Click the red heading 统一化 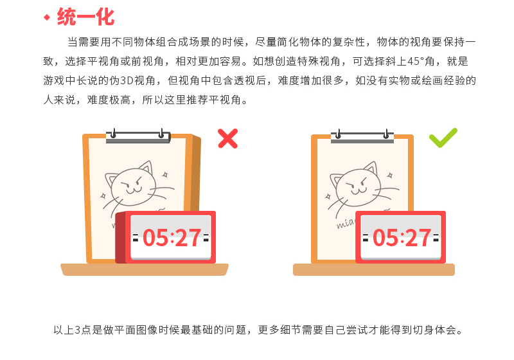pyautogui.click(x=86, y=17)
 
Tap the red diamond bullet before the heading pyautogui.click(x=47, y=17)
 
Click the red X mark pyautogui.click(x=228, y=139)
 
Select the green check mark pyautogui.click(x=443, y=138)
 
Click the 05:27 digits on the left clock pyautogui.click(x=172, y=238)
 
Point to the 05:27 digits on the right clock pyautogui.click(x=402, y=238)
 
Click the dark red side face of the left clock pyautogui.click(x=121, y=238)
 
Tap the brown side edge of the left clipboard pyautogui.click(x=196, y=174)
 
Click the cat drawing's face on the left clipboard pyautogui.click(x=133, y=185)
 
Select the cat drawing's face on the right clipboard pyautogui.click(x=357, y=185)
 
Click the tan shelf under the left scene pyautogui.click(x=145, y=269)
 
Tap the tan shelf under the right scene pyautogui.click(x=374, y=269)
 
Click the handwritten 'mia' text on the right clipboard pyautogui.click(x=346, y=223)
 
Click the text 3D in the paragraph pyautogui.click(x=127, y=80)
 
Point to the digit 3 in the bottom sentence pyautogui.click(x=78, y=330)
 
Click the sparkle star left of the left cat pyautogui.click(x=103, y=196)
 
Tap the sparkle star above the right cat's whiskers pyautogui.click(x=390, y=175)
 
